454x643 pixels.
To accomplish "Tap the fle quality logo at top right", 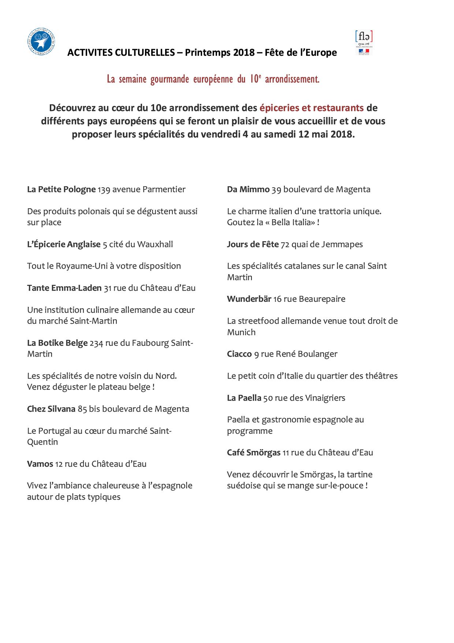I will point(364,43).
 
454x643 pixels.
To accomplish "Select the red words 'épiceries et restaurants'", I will point(312,108).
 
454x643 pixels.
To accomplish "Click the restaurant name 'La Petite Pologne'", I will point(61,190).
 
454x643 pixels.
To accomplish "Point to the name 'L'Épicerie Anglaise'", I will point(64,245).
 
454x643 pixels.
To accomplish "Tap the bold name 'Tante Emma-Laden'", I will point(64,288).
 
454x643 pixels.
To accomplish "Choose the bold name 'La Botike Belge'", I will point(57,343).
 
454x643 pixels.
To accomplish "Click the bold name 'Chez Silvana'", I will point(51,409).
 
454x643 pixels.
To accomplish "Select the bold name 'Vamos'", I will point(40,464).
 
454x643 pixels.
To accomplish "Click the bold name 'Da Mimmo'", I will point(248,190).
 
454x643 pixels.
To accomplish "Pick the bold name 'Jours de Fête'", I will point(253,245).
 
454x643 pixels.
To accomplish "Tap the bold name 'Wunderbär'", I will point(249,299).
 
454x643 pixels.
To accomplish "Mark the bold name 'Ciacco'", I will point(239,354).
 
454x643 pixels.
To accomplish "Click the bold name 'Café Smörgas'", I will point(253,453).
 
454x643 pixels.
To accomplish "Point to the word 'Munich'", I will point(241,332).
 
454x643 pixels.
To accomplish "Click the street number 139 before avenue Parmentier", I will point(104,190).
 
